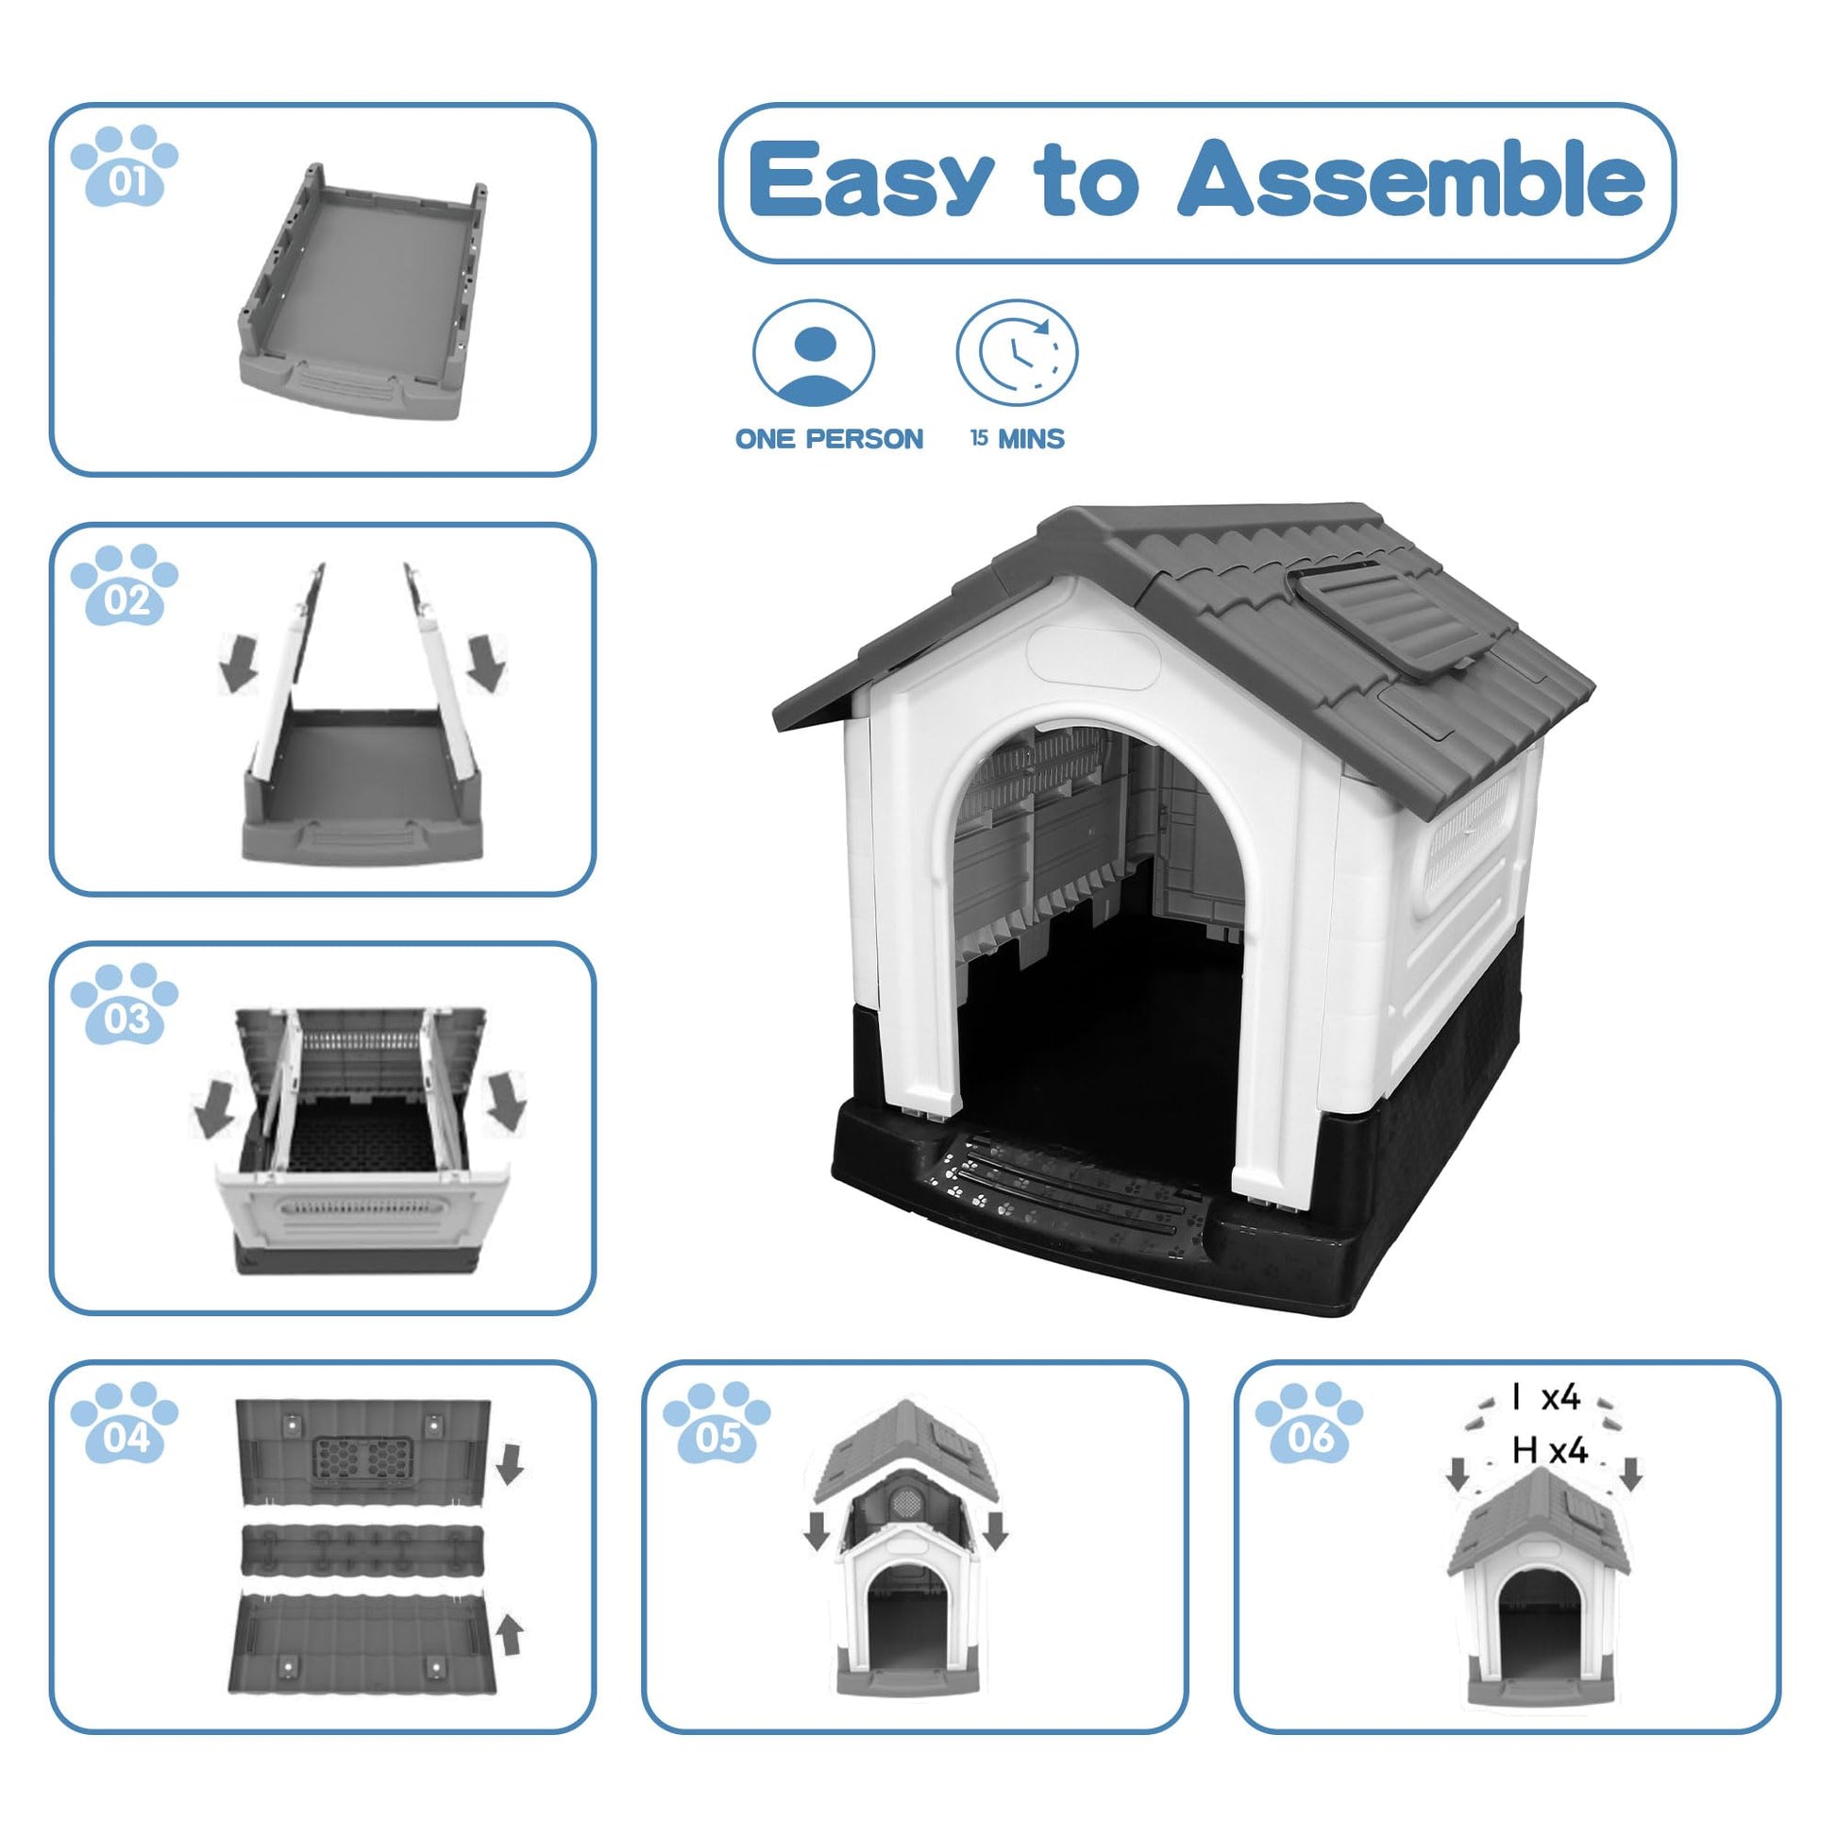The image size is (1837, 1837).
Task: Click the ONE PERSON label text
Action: click(x=829, y=439)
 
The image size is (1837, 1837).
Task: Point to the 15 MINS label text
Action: click(x=1018, y=439)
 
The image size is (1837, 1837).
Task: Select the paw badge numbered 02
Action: click(x=125, y=584)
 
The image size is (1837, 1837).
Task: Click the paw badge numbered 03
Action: click(x=125, y=1004)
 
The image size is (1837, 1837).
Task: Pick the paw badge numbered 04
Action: click(x=125, y=1424)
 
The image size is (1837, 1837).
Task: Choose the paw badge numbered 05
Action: click(x=716, y=1424)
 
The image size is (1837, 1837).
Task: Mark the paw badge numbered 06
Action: click(x=1309, y=1424)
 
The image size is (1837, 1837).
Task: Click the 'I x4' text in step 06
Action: click(x=1546, y=1398)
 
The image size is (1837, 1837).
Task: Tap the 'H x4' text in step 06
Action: click(x=1550, y=1451)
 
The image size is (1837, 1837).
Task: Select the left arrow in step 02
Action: click(x=239, y=663)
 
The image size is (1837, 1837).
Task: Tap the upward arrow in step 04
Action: click(x=512, y=1635)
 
